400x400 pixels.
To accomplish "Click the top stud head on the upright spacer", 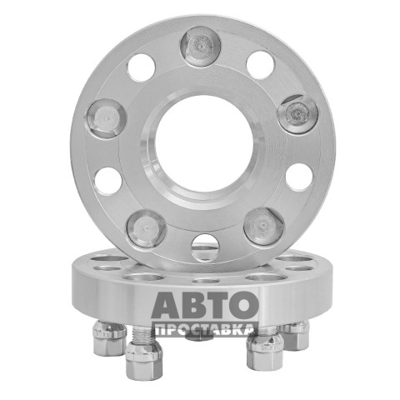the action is click(x=200, y=47).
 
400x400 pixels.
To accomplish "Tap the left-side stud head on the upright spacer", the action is click(x=107, y=118).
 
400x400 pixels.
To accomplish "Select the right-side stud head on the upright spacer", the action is click(x=297, y=114).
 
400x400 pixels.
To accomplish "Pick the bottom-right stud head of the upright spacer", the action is click(x=264, y=227).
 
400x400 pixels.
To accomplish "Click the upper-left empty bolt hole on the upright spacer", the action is click(x=141, y=67).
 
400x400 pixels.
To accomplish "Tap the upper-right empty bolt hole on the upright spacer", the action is click(x=260, y=65).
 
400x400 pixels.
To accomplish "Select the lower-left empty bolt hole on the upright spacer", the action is click(x=108, y=182).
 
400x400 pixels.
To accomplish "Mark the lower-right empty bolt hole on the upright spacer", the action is click(x=300, y=177).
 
